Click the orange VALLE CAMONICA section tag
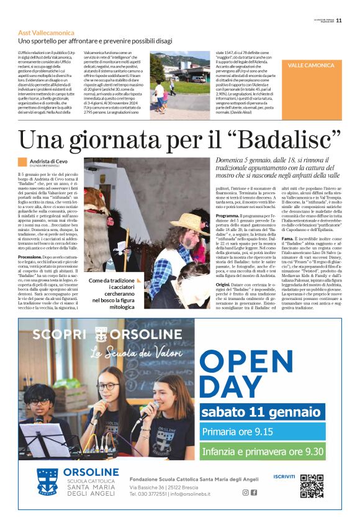[x=311, y=65]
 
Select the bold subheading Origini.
[x=225, y=283]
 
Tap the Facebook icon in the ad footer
[x=254, y=493]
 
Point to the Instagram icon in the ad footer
[x=245, y=493]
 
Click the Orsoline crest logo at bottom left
[x=47, y=483]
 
